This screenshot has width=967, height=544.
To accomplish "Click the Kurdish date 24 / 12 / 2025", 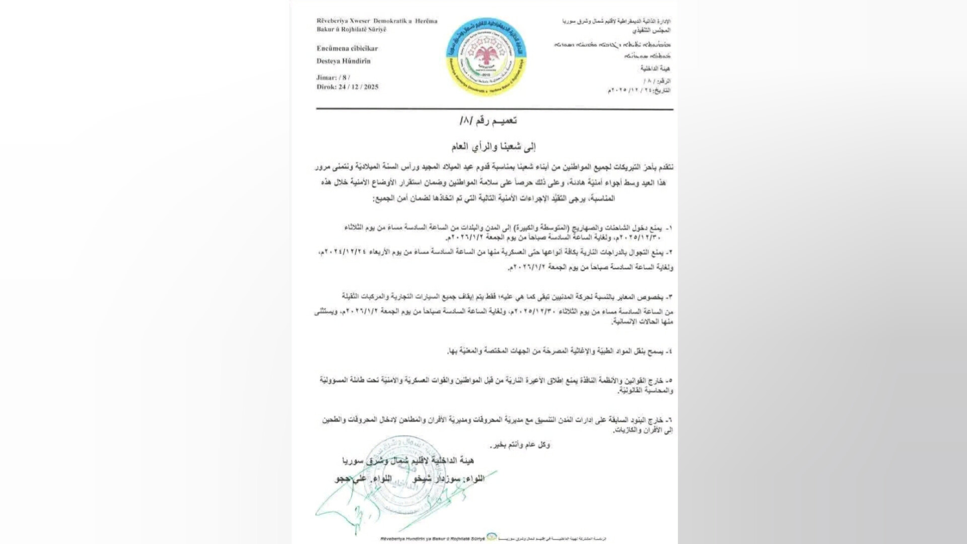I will tap(358, 87).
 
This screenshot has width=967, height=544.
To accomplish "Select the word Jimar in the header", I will tap(326, 78).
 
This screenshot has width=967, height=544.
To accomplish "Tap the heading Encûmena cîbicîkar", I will tap(347, 48).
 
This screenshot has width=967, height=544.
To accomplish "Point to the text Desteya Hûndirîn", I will tap(343, 61).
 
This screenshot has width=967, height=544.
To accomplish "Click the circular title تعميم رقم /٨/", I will tap(489, 120).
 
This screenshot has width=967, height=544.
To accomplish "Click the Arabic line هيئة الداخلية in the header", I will tap(655, 68).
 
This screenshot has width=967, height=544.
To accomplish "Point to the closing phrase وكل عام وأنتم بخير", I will tap(520, 445).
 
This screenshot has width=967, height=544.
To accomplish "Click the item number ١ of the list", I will tap(669, 228).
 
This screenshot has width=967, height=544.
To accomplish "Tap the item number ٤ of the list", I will tap(669, 351).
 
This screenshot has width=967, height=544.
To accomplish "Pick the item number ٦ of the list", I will tap(669, 420).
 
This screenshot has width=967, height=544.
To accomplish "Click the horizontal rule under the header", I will tap(495, 109).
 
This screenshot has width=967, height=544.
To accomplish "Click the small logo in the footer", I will tap(492, 537).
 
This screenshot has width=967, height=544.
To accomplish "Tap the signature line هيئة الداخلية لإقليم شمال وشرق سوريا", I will tap(408, 460).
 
